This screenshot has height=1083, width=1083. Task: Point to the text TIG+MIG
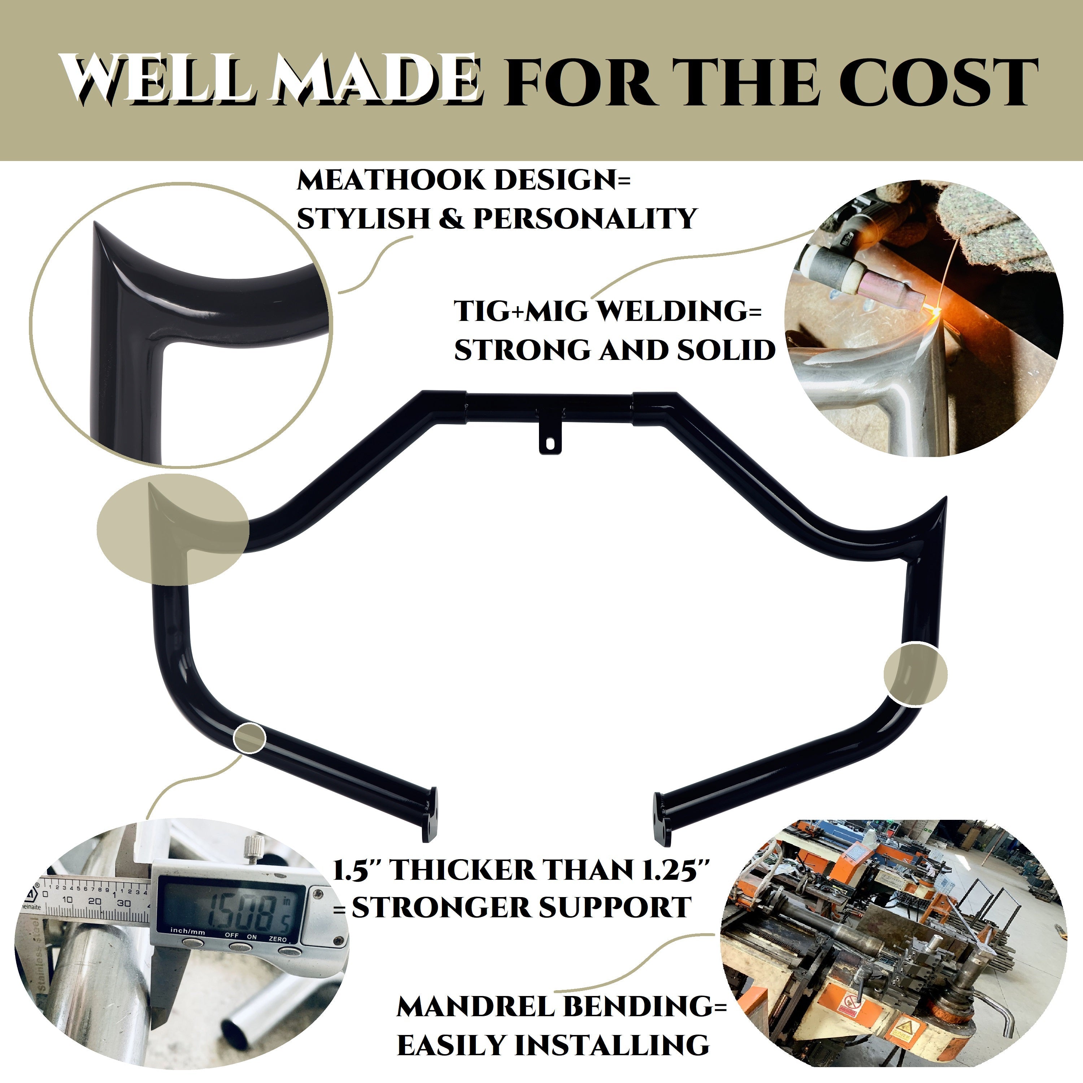tap(521, 311)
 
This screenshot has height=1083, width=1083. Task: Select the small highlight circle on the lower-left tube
tap(249, 738)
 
